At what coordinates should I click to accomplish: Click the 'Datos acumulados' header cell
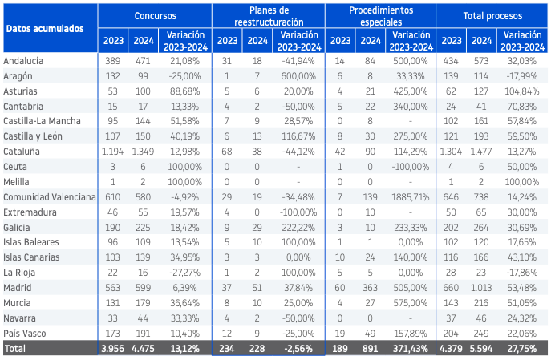click(x=45, y=29)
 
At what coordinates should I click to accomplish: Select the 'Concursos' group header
click(x=156, y=16)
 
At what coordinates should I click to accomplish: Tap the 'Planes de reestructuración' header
click(x=269, y=16)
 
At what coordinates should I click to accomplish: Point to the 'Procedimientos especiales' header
click(x=381, y=16)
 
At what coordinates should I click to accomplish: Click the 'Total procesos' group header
click(x=492, y=16)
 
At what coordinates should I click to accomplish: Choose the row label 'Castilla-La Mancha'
click(x=42, y=121)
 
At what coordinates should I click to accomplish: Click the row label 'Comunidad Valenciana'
click(x=50, y=197)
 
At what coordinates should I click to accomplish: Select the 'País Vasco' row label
click(x=25, y=334)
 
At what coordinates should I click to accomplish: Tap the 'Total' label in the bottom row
click(x=14, y=349)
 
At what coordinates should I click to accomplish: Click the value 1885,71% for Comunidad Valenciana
click(x=411, y=197)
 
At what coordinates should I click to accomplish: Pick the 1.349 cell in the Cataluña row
click(x=143, y=152)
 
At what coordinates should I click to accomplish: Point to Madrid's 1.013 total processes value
click(x=481, y=288)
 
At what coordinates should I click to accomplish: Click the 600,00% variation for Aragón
click(x=298, y=76)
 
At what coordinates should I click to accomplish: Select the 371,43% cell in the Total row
click(x=411, y=349)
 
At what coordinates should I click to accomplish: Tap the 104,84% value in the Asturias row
click(x=522, y=91)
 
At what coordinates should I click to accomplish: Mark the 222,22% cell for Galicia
click(x=298, y=228)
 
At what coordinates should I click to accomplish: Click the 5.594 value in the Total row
click(x=481, y=349)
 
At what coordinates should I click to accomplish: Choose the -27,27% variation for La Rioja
click(x=185, y=273)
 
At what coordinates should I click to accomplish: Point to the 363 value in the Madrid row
click(x=370, y=288)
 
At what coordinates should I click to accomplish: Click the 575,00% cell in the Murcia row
click(x=411, y=303)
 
